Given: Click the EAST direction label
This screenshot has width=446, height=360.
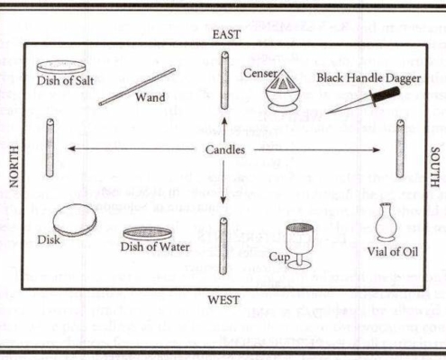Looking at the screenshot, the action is pos(227,34).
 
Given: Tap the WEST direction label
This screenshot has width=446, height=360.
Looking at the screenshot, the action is pos(223,300).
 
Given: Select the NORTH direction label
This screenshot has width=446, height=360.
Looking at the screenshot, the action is pos(14,166).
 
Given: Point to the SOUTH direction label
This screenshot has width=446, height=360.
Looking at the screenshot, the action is pos(435,167).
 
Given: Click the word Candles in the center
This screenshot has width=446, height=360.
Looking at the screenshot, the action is pos(225,149).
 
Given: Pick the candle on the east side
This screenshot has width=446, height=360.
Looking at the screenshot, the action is pos(224,80).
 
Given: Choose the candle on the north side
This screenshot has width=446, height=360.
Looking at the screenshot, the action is pos(50,148).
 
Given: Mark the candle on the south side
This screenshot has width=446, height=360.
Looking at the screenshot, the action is pos(400,148).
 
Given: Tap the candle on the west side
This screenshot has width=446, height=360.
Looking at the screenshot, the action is pos(223,246).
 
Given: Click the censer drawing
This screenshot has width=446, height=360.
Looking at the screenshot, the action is pos(282,91).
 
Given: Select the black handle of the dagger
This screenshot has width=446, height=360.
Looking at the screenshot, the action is pos(386,95).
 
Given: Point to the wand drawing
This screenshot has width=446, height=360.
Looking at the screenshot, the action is pos(137,86).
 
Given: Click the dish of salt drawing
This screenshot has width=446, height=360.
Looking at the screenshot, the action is pos(61,67).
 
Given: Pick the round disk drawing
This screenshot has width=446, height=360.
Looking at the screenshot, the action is pos(75,220).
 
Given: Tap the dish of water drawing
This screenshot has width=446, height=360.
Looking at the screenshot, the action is pos(148,234).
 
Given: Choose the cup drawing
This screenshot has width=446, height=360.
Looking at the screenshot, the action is pos(299,245).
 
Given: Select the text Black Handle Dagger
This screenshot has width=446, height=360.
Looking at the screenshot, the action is pos(369,78).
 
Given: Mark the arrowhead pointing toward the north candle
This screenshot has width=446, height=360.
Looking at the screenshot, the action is pos(71,148).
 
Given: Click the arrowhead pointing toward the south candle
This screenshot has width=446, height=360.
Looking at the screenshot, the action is pos(377,149).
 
